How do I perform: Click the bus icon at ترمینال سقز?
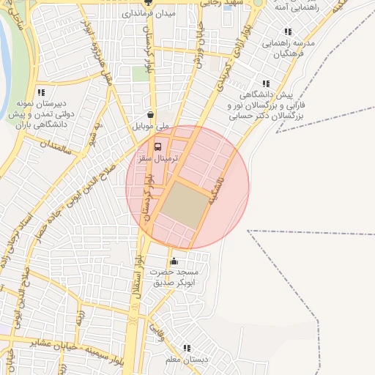[x=160, y=145]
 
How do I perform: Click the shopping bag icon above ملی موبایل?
[x=150, y=115]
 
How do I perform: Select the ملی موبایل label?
[x=150, y=127]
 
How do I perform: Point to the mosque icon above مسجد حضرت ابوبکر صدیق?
[x=174, y=261]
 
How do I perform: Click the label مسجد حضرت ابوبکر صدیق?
[x=180, y=277]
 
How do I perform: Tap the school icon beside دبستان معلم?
[x=187, y=348]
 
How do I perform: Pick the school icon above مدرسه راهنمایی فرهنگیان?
[x=288, y=31]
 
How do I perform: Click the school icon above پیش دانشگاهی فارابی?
[x=266, y=83]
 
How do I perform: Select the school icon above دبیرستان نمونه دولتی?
[x=41, y=92]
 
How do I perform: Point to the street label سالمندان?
[x=57, y=142]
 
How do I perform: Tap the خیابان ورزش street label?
[x=199, y=44]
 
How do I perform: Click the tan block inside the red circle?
[x=184, y=204]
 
